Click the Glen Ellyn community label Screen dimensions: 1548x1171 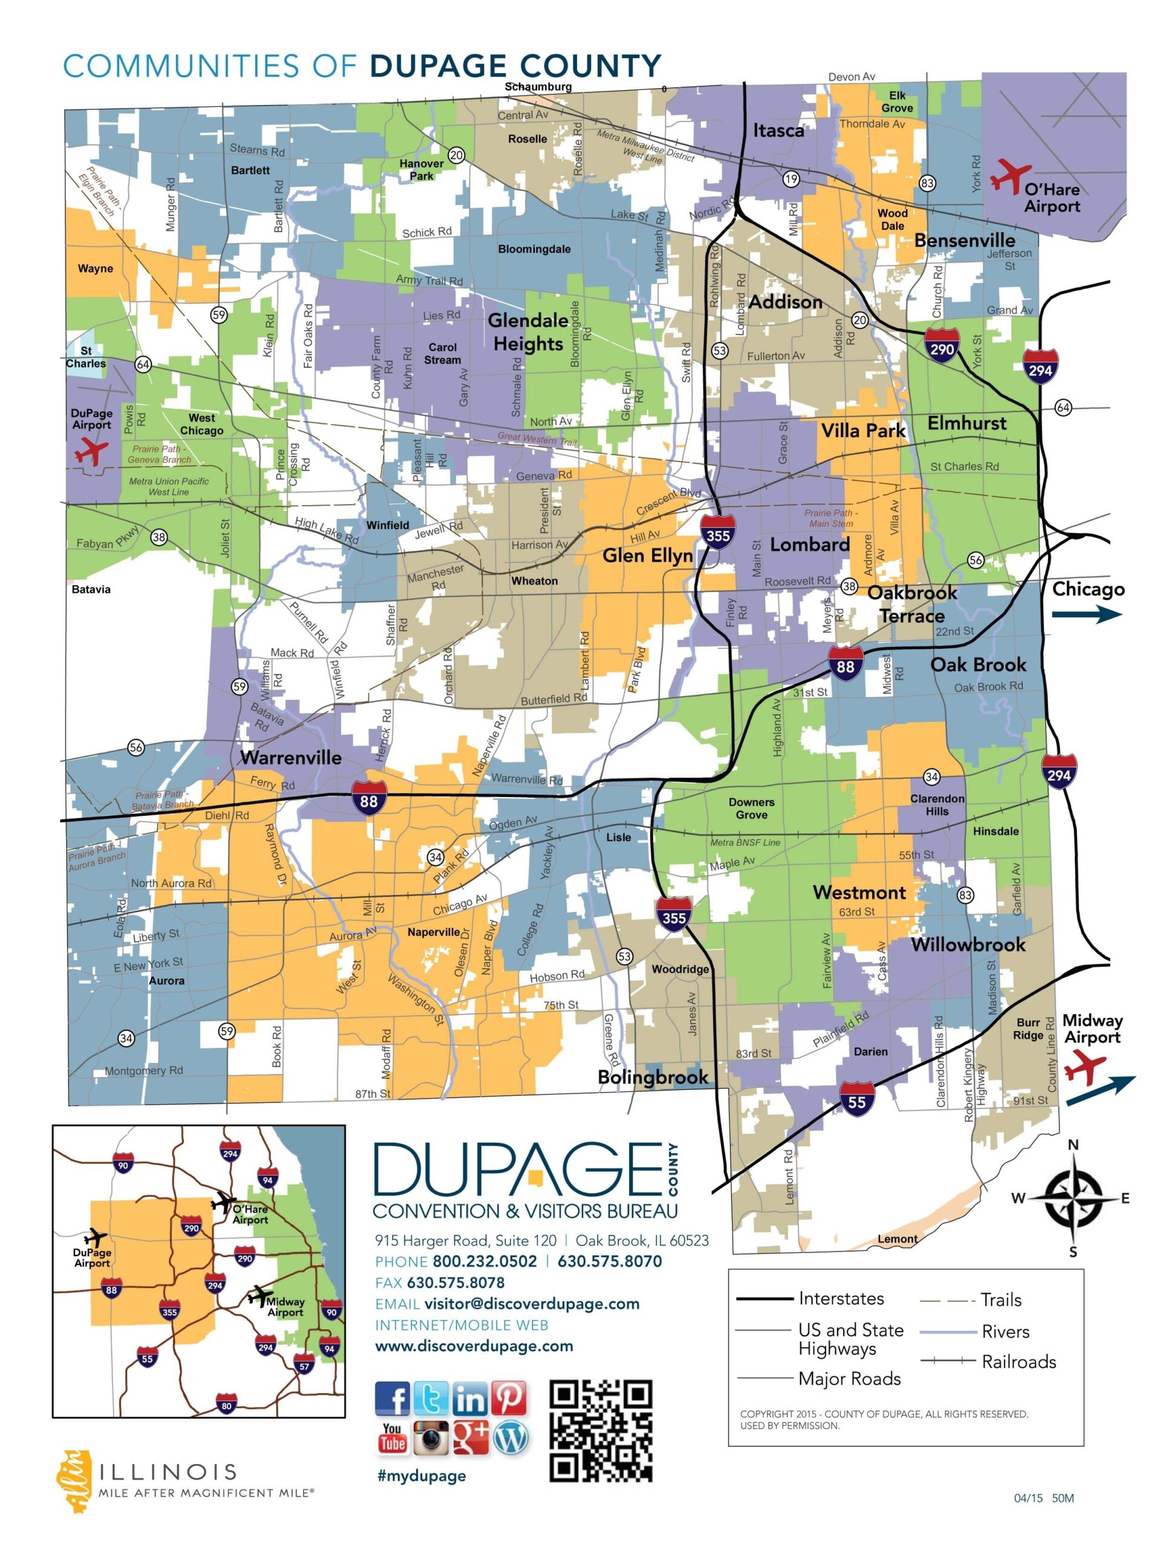[x=647, y=556]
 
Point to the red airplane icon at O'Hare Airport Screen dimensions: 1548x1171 [x=1010, y=175]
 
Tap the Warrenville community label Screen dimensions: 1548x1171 [x=290, y=757]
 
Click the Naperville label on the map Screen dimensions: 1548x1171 [x=433, y=932]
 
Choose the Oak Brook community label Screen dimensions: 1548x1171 [x=978, y=664]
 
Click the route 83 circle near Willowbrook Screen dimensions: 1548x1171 [x=965, y=895]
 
